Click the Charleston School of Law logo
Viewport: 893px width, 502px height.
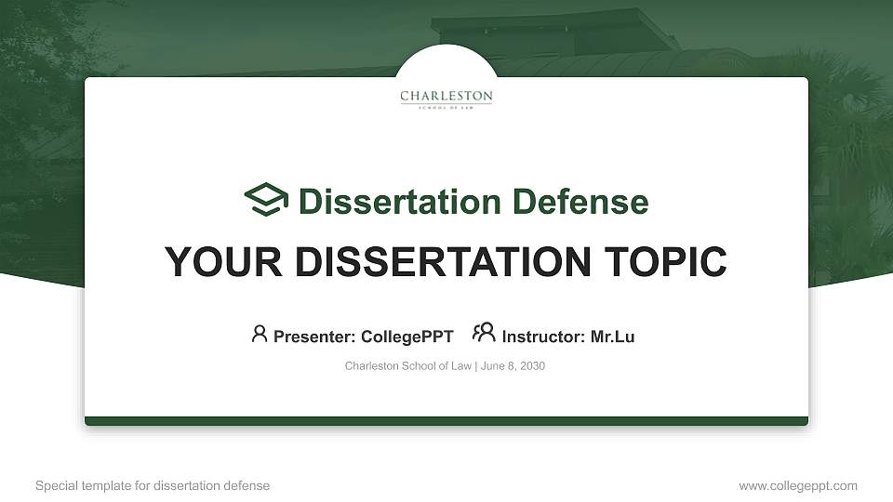point(446,99)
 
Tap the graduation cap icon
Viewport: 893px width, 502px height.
point(266,200)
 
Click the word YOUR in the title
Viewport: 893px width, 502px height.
point(211,262)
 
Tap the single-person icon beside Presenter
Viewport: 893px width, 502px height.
point(260,334)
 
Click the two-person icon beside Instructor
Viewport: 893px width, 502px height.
point(484,333)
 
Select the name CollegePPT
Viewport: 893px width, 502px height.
point(407,337)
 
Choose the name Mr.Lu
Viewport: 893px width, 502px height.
point(612,337)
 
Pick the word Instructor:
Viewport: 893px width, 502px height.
point(543,337)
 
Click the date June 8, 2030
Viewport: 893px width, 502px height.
point(513,366)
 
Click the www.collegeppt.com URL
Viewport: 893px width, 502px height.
point(798,485)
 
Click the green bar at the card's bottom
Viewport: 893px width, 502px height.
point(446,421)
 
